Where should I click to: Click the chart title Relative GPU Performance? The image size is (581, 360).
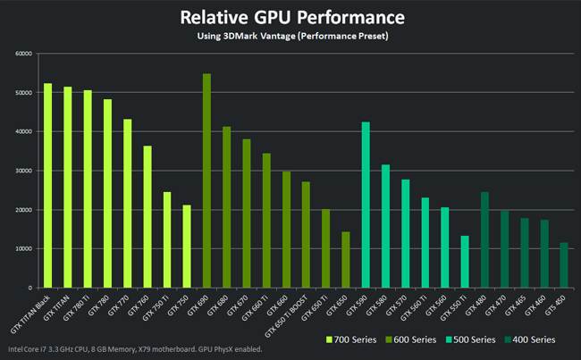coord(290,17)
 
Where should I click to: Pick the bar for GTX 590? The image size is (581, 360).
coord(366,205)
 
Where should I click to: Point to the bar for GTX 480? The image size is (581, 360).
coord(484,240)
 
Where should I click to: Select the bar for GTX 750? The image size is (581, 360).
coord(187,247)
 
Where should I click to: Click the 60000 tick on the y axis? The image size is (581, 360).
coord(23,54)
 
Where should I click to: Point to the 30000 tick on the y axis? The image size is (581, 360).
coord(23,171)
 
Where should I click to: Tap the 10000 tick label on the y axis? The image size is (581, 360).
coord(23,249)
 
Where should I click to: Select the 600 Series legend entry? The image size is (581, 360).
coord(412,339)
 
